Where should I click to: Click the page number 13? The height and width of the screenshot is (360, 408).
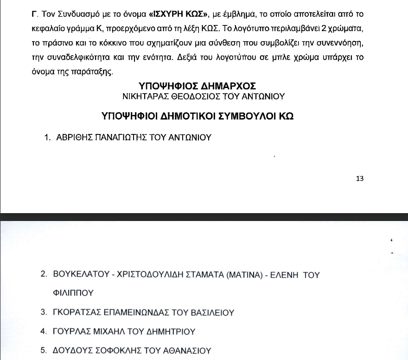(x=359, y=178)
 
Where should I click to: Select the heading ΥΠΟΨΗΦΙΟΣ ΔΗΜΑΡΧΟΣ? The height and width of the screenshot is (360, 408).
(x=197, y=86)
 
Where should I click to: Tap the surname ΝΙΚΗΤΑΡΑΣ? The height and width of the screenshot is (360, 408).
(x=143, y=96)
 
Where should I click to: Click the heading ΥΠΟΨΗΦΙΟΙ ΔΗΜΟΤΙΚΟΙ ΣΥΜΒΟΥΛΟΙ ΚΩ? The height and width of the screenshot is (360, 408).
(x=198, y=116)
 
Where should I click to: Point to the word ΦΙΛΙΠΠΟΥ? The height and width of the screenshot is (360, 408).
(x=74, y=293)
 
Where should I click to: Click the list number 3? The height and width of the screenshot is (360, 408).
(x=44, y=312)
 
